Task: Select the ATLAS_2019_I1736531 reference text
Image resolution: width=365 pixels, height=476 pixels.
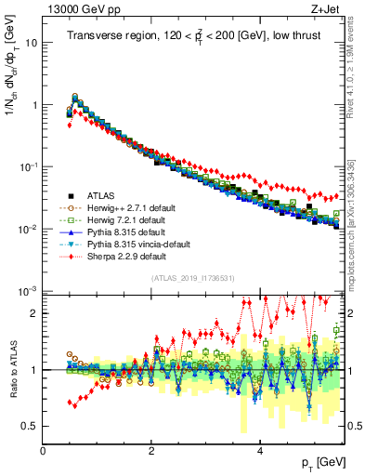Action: coord(192,278)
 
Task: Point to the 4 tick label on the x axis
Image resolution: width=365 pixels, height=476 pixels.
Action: coord(260,450)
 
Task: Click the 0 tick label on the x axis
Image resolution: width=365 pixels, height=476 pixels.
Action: coord(44,450)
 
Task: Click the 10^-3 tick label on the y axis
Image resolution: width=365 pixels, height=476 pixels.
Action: coord(27,292)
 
